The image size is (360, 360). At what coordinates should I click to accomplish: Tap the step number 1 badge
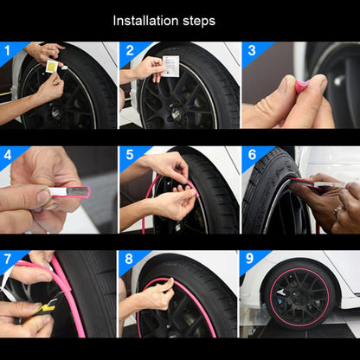coord(8,51)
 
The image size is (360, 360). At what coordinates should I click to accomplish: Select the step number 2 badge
coord(128,51)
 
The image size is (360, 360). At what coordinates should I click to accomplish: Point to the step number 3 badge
coord(249,51)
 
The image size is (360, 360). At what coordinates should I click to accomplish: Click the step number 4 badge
coord(8,155)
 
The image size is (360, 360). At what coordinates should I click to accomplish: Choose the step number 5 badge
coord(128,155)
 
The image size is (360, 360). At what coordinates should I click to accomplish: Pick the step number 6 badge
coord(249,155)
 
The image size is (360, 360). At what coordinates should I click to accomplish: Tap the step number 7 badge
coord(8,260)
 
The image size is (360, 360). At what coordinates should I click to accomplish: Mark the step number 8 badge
coord(128,260)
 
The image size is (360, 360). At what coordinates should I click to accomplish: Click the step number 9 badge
coord(249,260)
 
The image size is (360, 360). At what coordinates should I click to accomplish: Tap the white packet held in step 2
coord(170,64)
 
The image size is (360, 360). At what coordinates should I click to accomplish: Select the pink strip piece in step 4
coord(69,191)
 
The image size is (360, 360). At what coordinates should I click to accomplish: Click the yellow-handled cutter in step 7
coord(36,303)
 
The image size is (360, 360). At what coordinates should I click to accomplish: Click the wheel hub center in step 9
coord(299,300)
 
